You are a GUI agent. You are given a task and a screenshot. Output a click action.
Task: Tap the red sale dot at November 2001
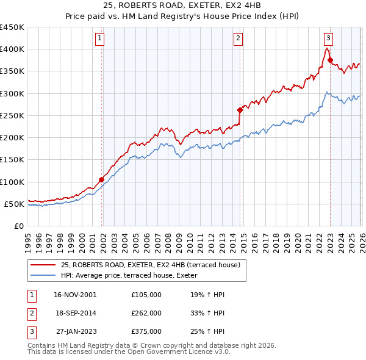[x=102, y=179]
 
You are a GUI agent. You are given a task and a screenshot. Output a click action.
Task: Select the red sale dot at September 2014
[x=240, y=110]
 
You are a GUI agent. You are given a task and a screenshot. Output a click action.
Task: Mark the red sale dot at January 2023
[x=330, y=60]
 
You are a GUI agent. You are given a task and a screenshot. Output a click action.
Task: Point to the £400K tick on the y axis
[x=12, y=49]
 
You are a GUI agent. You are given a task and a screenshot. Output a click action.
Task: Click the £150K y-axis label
[x=12, y=160]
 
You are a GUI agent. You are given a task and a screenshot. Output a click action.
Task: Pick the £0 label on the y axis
[x=19, y=226]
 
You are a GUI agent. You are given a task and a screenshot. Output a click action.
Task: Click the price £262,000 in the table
[x=146, y=312]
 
